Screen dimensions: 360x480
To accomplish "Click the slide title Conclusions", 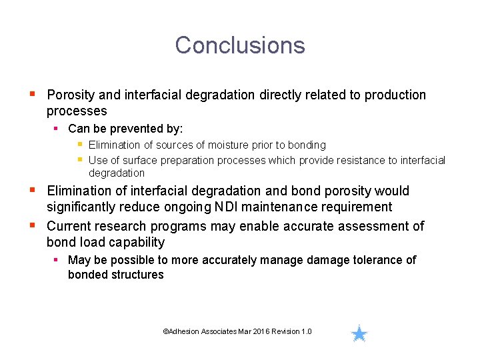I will (240, 45).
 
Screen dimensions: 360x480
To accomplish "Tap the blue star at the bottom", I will (359, 333).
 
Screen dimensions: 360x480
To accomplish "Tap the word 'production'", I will (393, 95).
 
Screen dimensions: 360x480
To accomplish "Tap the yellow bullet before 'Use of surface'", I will (79, 159).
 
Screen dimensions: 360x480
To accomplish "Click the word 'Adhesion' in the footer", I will (184, 331).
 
